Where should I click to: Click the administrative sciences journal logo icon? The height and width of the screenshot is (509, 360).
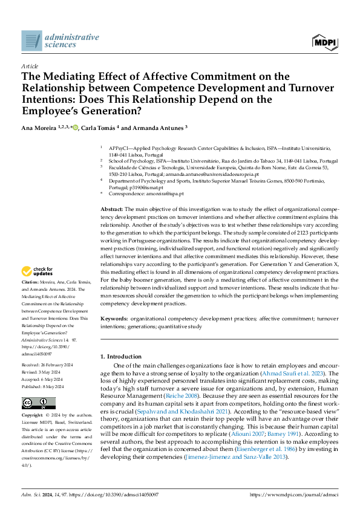pos(31,41)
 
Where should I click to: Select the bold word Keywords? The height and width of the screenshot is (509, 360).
pos(114,318)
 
